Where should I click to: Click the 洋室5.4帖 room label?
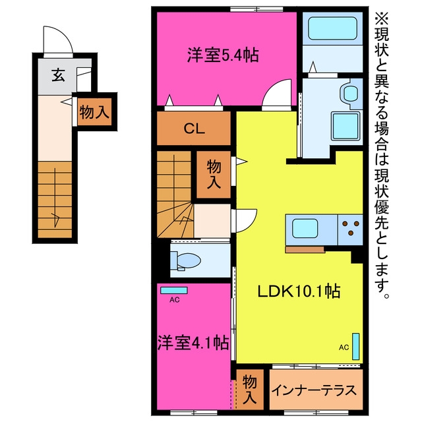tap(223, 55)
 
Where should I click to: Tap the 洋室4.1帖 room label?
tap(193, 343)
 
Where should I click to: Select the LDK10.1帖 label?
tap(299, 291)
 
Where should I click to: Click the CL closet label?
tap(195, 129)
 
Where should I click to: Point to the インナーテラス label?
tap(314, 390)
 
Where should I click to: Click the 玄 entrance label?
tap(59, 75)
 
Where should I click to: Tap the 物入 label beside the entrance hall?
tap(94, 111)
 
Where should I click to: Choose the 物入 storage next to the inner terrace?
tap(249, 390)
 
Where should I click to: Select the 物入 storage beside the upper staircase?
tap(214, 174)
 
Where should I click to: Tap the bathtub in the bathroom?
tap(332, 28)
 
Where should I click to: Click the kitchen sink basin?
tap(305, 228)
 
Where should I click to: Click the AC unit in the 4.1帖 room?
tap(174, 290)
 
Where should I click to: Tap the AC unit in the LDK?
tap(356, 346)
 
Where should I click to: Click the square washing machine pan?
tap(346, 126)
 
